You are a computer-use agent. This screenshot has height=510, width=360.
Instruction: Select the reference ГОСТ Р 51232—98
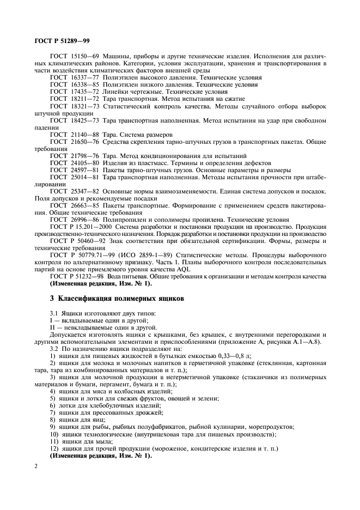click(76, 276)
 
